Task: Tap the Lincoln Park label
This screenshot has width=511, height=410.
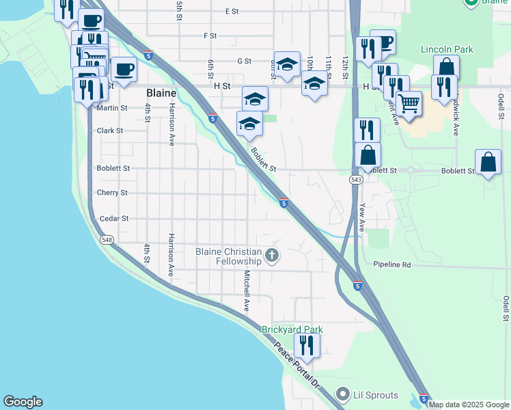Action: pos(447,50)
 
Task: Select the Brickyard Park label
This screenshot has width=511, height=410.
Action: pos(292,329)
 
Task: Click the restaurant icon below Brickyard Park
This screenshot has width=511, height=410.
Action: pos(305,347)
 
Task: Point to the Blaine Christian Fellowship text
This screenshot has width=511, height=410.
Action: pos(229,256)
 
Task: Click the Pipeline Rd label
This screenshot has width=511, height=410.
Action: pos(392,264)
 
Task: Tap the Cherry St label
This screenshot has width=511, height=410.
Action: pos(112,193)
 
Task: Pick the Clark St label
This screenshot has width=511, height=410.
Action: pos(110,131)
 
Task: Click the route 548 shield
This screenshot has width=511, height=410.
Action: pos(107,240)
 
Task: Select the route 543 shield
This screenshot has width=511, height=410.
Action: pos(356,180)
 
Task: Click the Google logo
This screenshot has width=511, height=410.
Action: pos(23,402)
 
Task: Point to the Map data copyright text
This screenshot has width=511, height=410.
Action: pos(469,405)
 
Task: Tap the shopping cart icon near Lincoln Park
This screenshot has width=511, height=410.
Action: pos(409,103)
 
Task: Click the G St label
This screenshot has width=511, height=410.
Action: pos(244,61)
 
